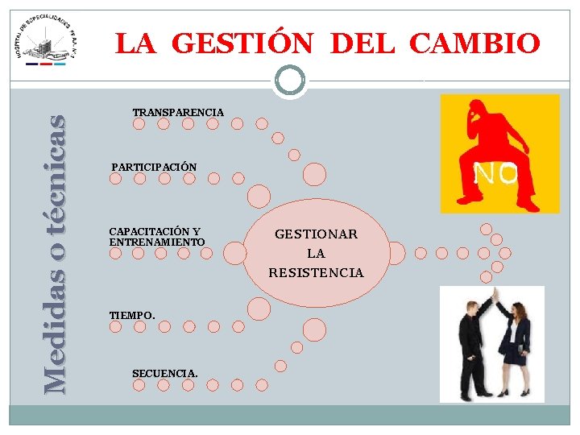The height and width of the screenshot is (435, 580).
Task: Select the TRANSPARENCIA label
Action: [178, 111]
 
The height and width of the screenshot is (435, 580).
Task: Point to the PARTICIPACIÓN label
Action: [154, 167]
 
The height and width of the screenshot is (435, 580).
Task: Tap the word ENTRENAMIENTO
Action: [157, 242]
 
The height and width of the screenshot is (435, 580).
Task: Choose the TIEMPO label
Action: [132, 315]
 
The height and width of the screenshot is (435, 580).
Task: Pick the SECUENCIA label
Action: [164, 373]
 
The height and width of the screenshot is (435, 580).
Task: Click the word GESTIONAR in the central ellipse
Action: [316, 234]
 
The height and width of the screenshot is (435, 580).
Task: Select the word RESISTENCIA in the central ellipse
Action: [316, 273]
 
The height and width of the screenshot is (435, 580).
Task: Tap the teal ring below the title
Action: [290, 79]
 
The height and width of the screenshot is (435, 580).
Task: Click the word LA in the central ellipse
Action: [316, 254]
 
